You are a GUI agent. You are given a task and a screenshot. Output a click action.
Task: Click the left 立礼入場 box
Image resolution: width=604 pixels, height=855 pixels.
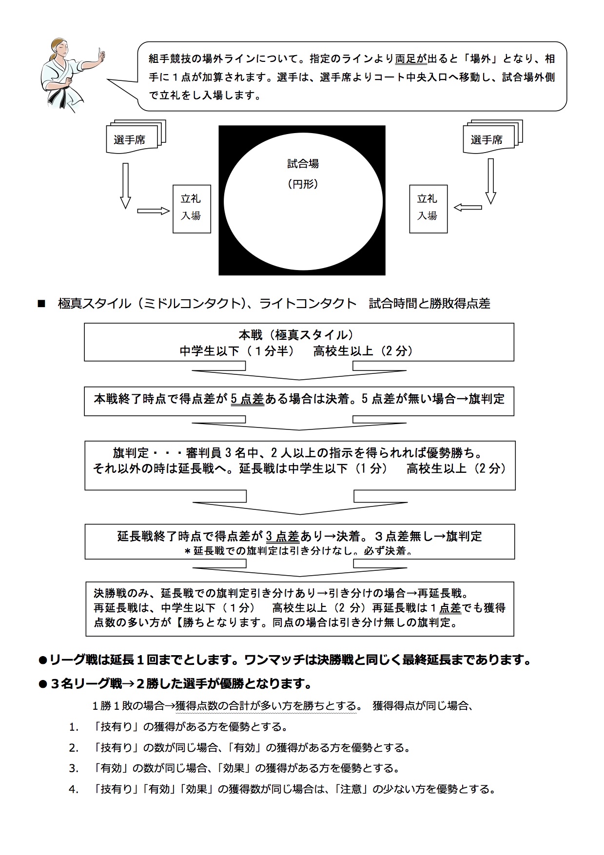[x=192, y=208]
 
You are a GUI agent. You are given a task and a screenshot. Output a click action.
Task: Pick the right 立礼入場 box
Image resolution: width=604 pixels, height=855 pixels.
[x=428, y=208]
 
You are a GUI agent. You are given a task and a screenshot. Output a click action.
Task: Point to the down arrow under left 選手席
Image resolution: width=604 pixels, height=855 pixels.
[x=125, y=186]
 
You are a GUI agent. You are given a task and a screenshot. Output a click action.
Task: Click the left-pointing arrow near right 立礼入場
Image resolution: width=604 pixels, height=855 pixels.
[x=468, y=208]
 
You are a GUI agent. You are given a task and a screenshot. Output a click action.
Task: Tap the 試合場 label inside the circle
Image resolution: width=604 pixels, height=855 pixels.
[x=303, y=164]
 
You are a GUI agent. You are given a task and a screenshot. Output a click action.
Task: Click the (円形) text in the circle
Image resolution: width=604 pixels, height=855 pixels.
[x=303, y=184]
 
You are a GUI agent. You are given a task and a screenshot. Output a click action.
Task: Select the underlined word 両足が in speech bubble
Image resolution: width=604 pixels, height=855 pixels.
[x=411, y=59]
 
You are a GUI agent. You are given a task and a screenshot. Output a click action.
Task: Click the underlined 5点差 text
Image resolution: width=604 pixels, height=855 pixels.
[x=247, y=399]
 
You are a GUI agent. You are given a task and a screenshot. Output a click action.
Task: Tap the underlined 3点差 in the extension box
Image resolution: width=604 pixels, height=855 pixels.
[x=282, y=536]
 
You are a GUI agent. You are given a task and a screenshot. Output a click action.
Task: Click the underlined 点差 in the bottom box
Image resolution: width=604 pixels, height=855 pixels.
[x=450, y=608]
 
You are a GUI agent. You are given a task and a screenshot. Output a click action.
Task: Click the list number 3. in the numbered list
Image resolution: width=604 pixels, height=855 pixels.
[x=74, y=769]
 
